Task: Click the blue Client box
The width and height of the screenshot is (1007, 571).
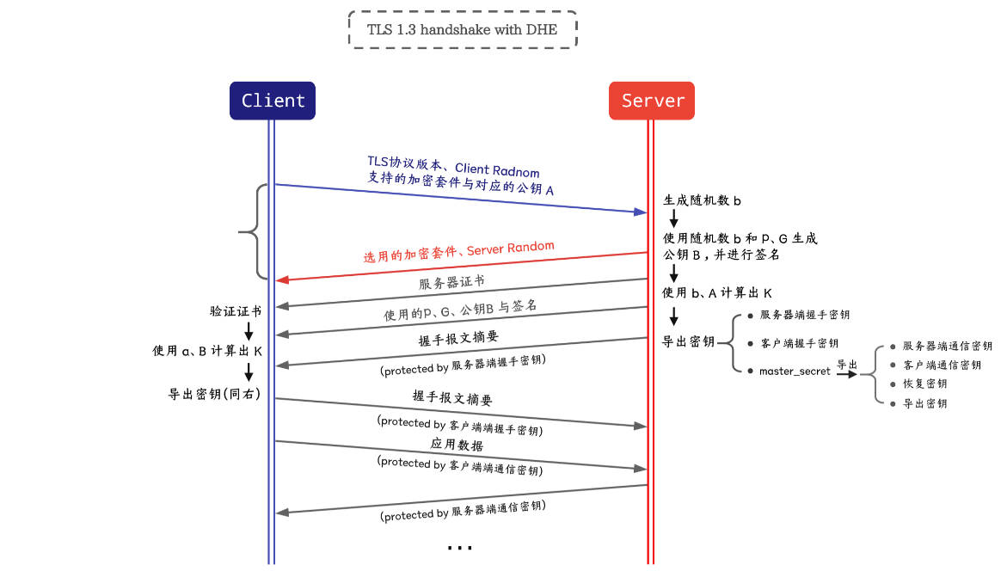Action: click(x=273, y=101)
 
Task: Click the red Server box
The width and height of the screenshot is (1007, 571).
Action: click(x=652, y=101)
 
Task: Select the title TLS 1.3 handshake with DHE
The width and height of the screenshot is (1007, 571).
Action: click(x=462, y=30)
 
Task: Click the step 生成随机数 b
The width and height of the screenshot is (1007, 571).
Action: click(x=702, y=200)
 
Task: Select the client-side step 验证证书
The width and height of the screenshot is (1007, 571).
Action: click(x=235, y=311)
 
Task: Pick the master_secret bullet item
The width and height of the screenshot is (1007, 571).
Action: click(x=795, y=371)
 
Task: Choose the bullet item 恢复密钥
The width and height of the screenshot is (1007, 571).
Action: click(x=924, y=384)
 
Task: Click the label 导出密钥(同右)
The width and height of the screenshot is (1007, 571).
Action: click(x=214, y=393)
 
